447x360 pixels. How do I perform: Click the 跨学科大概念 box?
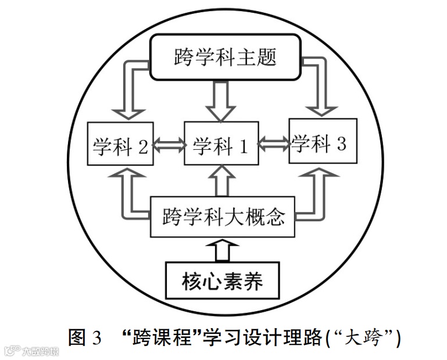pyautogui.click(x=223, y=217)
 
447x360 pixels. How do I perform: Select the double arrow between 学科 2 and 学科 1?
pyautogui.click(x=169, y=144)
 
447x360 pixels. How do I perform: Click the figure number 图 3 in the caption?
pyautogui.click(x=84, y=337)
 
